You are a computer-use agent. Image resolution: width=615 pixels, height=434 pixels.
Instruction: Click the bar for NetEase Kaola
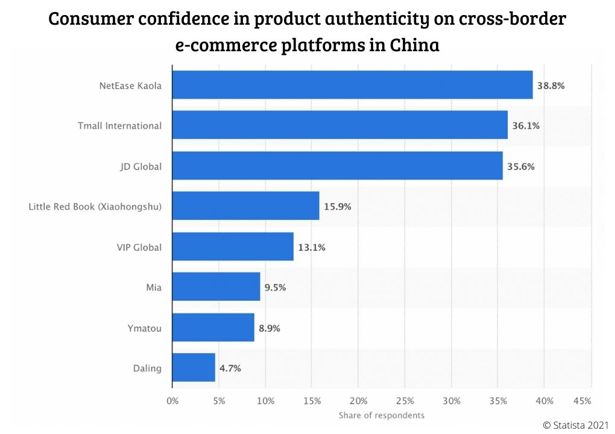coord(353,85)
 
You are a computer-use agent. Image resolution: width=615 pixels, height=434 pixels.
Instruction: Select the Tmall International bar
coord(340,125)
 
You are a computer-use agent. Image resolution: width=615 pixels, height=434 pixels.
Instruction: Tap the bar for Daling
coord(194,367)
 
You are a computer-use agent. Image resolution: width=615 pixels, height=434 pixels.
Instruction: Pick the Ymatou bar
coord(213,327)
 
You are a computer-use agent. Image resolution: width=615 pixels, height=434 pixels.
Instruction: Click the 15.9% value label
coord(339,206)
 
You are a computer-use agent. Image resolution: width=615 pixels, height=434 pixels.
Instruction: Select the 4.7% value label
coord(229,368)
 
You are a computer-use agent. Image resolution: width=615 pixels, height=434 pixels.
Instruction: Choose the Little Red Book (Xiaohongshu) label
coord(95,207)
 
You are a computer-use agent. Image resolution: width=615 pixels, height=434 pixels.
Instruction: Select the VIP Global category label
coord(139,247)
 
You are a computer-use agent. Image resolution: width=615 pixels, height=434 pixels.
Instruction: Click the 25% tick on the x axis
coord(405,401)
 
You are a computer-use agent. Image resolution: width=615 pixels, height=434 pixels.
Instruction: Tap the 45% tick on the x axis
coord(582,401)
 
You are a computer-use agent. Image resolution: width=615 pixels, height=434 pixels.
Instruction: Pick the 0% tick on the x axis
coord(172,401)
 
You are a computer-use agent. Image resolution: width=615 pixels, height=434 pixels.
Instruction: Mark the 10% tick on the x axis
coord(265,401)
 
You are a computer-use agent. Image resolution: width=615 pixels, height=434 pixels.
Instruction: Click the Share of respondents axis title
coord(381,415)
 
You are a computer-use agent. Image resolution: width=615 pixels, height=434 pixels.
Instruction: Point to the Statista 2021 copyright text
coord(576,425)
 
